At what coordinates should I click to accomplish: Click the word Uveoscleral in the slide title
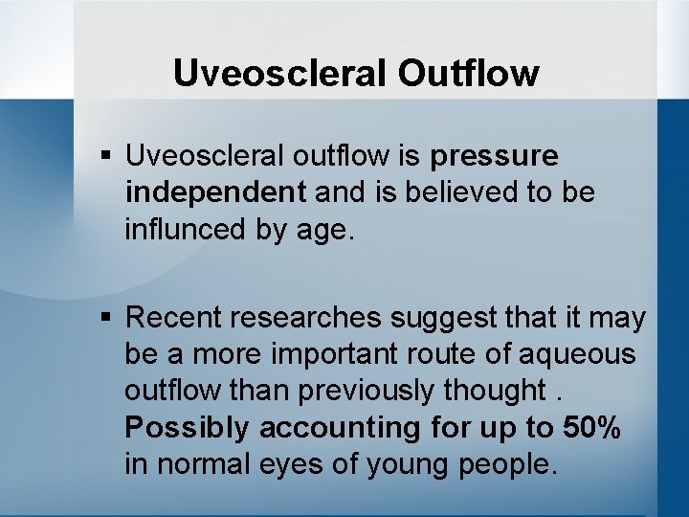260,74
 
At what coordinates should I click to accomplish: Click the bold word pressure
495,155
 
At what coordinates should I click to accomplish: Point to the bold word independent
215,192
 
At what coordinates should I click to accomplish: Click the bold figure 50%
592,428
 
